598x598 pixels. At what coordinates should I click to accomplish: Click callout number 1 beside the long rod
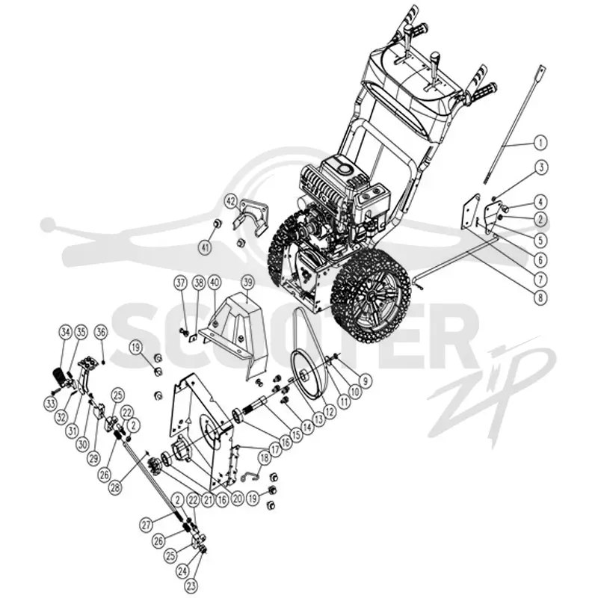540,143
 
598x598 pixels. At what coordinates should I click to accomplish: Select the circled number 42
231,200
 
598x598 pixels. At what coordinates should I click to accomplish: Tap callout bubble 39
248,283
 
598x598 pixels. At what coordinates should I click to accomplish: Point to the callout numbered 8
540,297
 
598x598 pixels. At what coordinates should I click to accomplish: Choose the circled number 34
66,332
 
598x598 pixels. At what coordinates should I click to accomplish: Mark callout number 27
147,525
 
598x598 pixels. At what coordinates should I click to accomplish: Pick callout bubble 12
329,412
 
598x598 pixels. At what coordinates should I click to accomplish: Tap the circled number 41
205,248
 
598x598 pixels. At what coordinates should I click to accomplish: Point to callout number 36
101,332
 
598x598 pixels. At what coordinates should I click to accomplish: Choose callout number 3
540,167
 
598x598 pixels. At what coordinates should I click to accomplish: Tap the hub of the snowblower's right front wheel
369,295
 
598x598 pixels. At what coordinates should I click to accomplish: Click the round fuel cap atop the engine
346,168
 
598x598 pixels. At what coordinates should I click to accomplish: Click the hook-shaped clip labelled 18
249,475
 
